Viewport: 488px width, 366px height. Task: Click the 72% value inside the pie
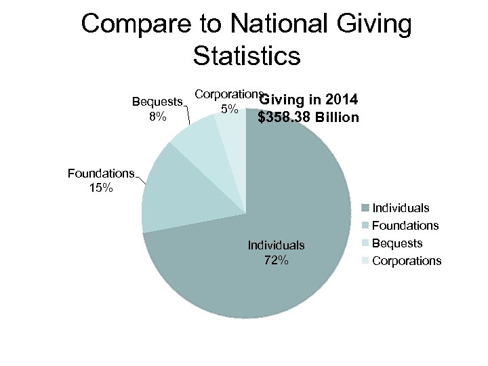(276, 260)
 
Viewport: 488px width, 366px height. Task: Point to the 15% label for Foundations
(101, 188)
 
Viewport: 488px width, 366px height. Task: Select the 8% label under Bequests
(157, 117)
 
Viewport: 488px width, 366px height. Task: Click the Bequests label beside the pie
(157, 102)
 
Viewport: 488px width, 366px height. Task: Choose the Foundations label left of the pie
(101, 174)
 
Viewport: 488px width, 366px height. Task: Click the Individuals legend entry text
(401, 208)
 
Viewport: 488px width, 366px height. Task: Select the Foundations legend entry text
(405, 226)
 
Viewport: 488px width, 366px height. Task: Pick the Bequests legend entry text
(397, 243)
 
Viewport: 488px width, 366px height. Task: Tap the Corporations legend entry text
(407, 261)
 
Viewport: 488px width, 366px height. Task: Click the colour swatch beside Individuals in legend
(365, 208)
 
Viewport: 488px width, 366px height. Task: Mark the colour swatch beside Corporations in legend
(365, 261)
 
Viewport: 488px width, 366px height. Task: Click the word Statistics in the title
(246, 56)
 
